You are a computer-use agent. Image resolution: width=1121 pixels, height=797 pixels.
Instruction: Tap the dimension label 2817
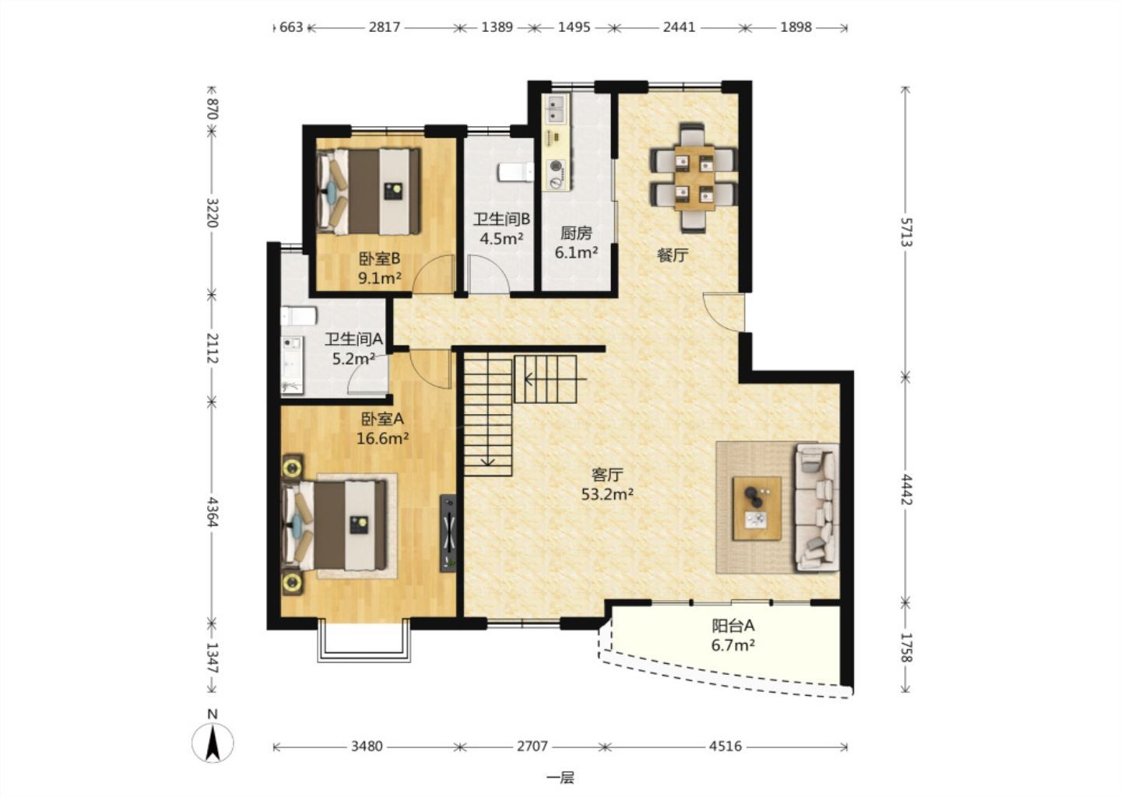pyautogui.click(x=385, y=27)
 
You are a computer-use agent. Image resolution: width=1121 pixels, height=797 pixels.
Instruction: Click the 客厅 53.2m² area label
pyautogui.click(x=607, y=484)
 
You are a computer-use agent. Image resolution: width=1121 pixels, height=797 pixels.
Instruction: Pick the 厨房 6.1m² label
pyautogui.click(x=576, y=242)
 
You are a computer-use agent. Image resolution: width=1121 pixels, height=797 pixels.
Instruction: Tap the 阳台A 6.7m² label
pyautogui.click(x=733, y=635)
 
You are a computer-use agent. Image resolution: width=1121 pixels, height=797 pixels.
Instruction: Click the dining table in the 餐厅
pyautogui.click(x=694, y=177)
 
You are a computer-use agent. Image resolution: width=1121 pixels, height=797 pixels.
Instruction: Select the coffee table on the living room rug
pyautogui.click(x=757, y=508)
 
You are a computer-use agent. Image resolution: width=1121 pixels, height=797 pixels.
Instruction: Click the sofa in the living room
pyautogui.click(x=817, y=507)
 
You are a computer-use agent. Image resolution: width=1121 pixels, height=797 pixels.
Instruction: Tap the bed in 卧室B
pyautogui.click(x=369, y=191)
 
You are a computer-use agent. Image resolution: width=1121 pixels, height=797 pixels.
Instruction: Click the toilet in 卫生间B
pyautogui.click(x=515, y=172)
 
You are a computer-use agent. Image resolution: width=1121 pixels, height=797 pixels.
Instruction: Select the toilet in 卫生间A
pyautogui.click(x=299, y=316)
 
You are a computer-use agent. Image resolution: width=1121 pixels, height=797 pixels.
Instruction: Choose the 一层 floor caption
pyautogui.click(x=560, y=778)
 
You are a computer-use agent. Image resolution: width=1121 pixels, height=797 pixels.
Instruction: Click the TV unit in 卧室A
pyautogui.click(x=448, y=533)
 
